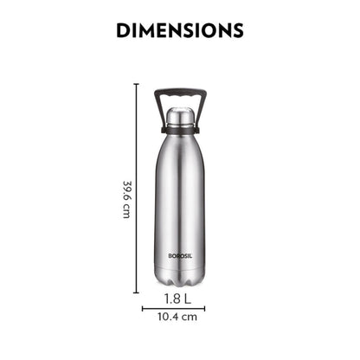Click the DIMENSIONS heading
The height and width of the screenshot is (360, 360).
179,31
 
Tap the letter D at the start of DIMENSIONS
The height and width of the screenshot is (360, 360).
124,31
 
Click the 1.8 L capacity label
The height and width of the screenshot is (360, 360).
179,300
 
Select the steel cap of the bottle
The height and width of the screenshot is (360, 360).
179,114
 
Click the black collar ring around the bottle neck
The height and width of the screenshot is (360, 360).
179,128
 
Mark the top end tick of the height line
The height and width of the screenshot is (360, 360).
136,84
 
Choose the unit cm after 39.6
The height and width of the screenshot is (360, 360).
126,210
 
